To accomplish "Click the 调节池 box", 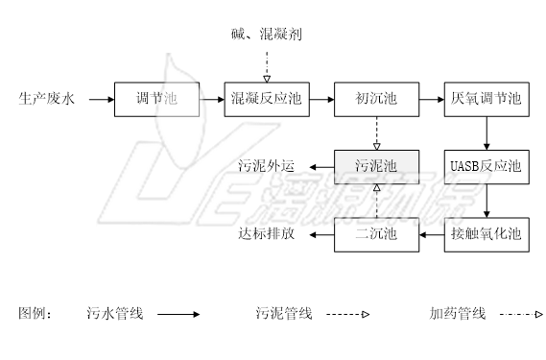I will coord(157,99).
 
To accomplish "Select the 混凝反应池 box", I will coord(268,99).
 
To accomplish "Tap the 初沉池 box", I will coord(376,99).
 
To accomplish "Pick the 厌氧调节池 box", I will coord(487,99).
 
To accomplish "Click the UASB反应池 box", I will coord(487,167).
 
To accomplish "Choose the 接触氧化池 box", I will coord(487,233).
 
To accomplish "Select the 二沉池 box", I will coord(376,233).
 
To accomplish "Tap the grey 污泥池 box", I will coord(376,167).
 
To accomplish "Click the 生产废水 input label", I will coord(44,99).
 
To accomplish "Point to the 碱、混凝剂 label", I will coord(268,36).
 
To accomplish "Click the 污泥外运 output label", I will coord(266,167).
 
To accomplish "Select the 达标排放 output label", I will coord(266,233).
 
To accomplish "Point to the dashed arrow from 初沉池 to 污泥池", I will coord(376,132).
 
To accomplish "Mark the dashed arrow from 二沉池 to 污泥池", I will coord(376,200).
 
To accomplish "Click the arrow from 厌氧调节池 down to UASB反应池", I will coord(487,132).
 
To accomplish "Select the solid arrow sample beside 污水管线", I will coord(178,313).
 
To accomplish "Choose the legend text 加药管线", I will coord(458,313).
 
